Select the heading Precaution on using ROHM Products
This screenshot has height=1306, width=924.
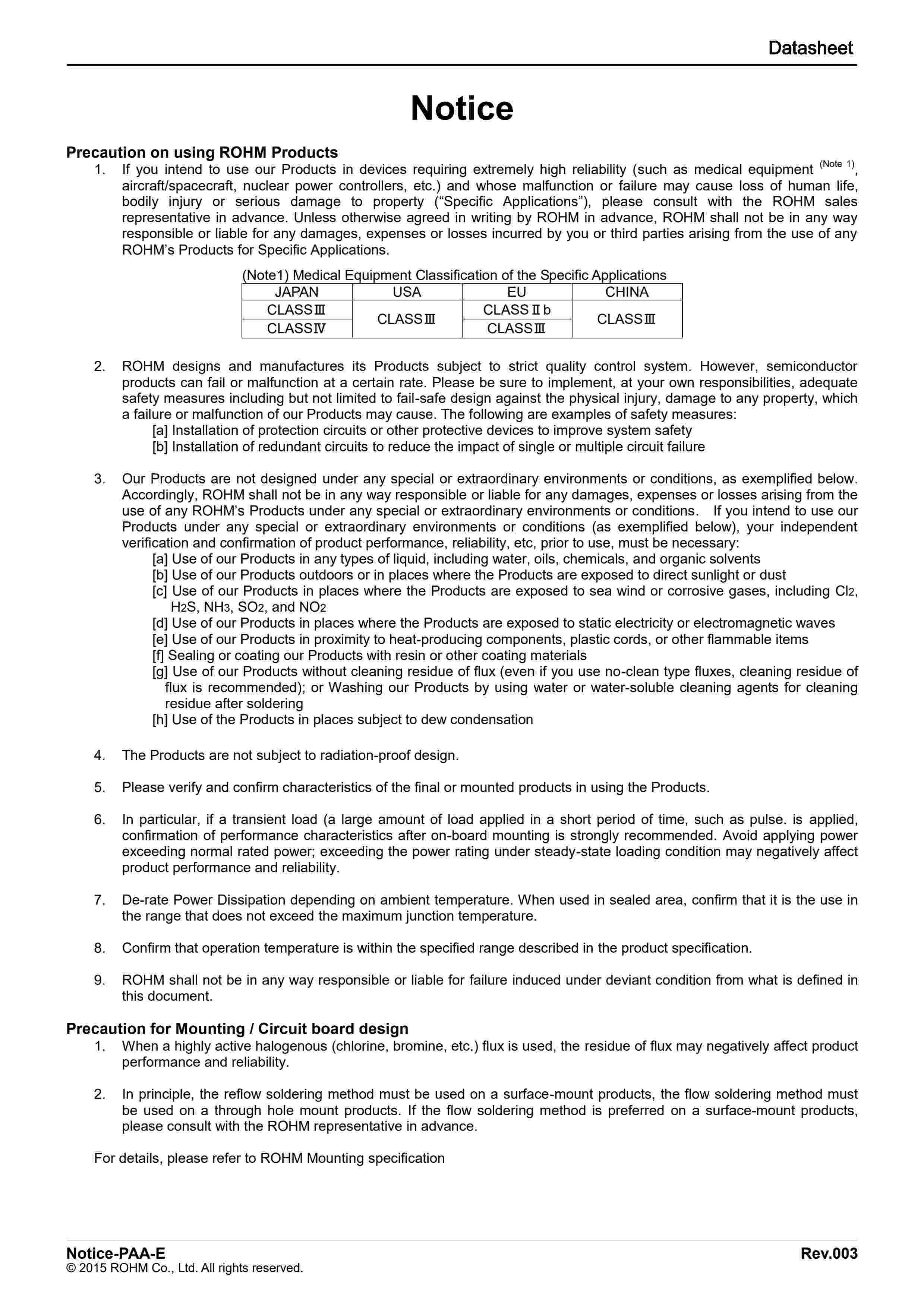point(202,152)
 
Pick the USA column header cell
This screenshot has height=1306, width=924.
point(407,292)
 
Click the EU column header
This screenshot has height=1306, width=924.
point(517,292)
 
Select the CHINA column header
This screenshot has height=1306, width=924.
point(627,292)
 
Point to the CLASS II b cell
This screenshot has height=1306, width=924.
point(517,310)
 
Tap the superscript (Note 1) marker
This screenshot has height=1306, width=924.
point(837,164)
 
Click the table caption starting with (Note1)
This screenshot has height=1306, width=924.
point(454,275)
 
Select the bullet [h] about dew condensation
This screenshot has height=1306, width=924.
point(343,720)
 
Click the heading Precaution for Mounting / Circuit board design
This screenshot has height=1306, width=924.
point(237,1028)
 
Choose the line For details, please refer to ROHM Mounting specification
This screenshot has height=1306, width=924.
point(269,1158)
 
